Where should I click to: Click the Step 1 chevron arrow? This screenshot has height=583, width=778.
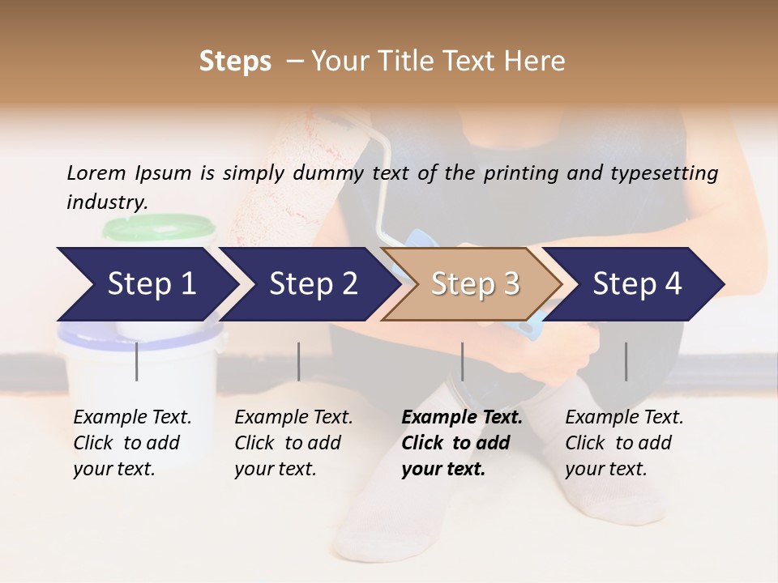coord(151,284)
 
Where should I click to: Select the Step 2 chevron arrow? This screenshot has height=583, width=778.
coord(313,284)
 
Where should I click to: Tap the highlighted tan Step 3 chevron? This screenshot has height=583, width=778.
coord(474,284)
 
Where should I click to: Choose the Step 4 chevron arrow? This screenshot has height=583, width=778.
coord(637,284)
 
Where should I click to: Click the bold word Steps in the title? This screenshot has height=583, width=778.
coord(235,61)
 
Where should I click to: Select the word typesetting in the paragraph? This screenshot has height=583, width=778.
coord(669,172)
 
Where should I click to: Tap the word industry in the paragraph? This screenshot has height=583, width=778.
coord(106,202)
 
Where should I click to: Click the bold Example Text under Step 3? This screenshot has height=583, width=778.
coord(462,418)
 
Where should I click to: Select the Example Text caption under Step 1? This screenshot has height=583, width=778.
coord(132,418)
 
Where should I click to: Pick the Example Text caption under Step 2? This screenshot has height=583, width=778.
coord(293,418)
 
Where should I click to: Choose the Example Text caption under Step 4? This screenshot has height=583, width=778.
coord(624,418)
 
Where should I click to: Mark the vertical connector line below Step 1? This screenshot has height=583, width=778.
coord(137,361)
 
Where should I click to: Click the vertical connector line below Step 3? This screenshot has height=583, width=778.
coord(463,361)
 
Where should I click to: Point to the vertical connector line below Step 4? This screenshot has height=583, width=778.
coord(626,361)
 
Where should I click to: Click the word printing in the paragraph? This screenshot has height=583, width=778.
coord(521,172)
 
